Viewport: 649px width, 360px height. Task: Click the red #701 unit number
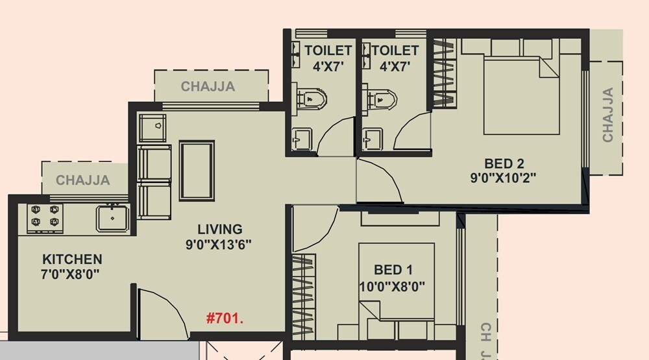click(x=224, y=318)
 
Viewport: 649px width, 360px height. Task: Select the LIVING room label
click(x=220, y=229)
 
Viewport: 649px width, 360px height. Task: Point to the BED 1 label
click(x=393, y=270)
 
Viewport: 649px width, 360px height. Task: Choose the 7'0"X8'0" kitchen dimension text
click(x=69, y=274)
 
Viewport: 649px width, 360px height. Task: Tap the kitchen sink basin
click(x=113, y=218)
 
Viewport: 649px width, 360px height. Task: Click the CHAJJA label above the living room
click(x=208, y=86)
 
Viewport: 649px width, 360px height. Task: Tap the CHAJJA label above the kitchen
click(x=83, y=180)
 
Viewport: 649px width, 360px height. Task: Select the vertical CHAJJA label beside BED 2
click(x=608, y=115)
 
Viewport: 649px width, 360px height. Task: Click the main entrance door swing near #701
click(x=159, y=311)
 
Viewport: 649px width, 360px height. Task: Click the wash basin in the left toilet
click(x=302, y=138)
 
